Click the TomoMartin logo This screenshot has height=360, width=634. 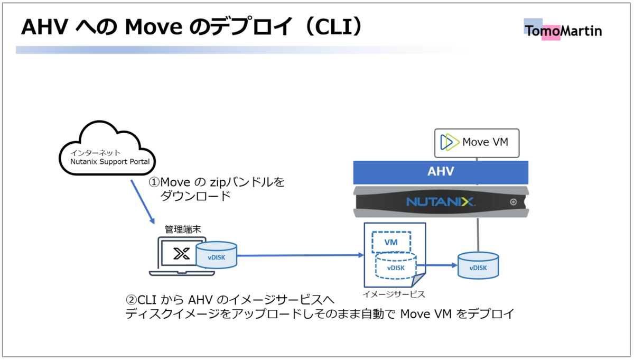click(x=563, y=30)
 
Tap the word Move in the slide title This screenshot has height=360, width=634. click(x=154, y=27)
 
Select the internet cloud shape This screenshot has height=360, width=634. click(x=107, y=148)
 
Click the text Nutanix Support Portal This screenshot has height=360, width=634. click(x=110, y=161)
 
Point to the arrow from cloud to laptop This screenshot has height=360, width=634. click(x=143, y=201)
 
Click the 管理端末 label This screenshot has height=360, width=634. click(x=183, y=229)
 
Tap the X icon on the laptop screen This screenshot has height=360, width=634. click(x=181, y=254)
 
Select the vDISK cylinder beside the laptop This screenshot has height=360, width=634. click(x=217, y=255)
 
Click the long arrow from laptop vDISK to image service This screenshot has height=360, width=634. click(x=300, y=255)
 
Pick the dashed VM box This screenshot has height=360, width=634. click(x=391, y=242)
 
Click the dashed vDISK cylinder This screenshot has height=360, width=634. click(x=396, y=266)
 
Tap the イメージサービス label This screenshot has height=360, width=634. click(x=394, y=294)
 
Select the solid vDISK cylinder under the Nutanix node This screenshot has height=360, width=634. click(x=478, y=266)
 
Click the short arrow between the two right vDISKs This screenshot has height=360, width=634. click(x=437, y=265)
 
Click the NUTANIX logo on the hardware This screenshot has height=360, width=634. click(x=441, y=201)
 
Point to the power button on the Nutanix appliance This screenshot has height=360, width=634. click(x=514, y=202)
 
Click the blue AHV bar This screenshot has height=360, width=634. click(x=441, y=172)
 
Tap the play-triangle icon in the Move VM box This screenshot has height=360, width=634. click(x=450, y=142)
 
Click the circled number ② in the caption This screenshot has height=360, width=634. click(x=132, y=300)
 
